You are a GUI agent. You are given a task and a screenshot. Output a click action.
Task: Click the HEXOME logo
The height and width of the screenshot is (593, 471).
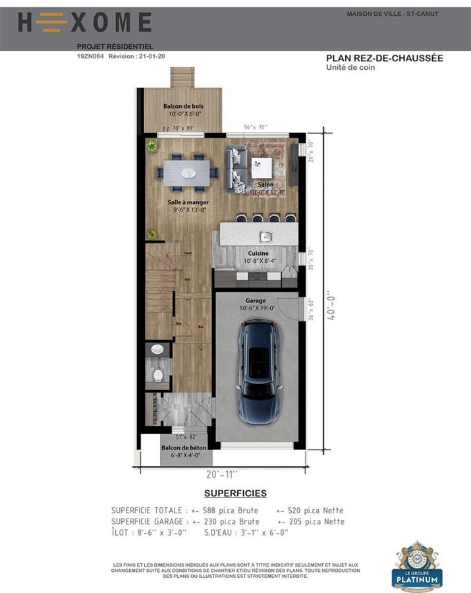(84, 24)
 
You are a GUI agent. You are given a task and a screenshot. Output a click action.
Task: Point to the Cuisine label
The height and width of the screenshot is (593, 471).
(258, 253)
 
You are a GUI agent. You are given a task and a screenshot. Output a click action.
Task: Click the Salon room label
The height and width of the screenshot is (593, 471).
(265, 184)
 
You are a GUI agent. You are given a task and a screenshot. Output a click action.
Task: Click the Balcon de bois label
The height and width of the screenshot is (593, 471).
(183, 106)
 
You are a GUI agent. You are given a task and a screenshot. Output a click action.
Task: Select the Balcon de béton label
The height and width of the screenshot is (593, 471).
(184, 447)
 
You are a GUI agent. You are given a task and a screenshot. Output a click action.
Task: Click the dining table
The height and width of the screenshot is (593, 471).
(188, 173)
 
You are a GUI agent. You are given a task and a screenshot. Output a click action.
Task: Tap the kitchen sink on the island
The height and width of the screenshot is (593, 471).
(265, 236)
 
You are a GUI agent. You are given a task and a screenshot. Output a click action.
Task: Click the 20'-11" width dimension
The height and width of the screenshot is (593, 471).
(221, 474)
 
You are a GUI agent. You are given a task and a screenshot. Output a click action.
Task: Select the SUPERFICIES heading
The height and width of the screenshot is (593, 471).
(235, 494)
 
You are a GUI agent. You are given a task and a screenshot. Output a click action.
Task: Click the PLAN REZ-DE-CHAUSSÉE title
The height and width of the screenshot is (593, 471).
(384, 58)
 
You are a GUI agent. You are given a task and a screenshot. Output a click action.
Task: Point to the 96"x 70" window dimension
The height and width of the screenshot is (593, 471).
(255, 127)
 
